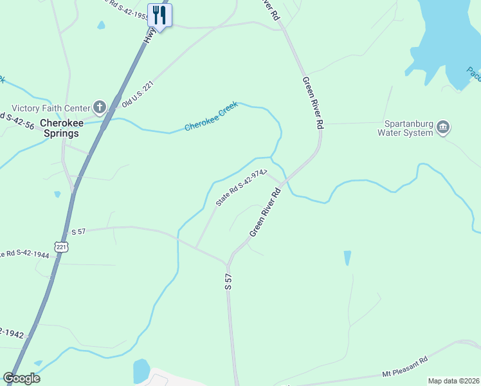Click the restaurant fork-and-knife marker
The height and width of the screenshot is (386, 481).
(159, 14)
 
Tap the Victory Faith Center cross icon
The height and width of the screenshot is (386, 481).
(99, 107)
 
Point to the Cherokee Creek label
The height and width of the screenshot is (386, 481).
(211, 116)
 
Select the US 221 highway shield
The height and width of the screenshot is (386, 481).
(61, 246)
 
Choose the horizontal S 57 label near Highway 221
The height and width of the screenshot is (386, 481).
(78, 232)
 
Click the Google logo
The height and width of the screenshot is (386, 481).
(21, 378)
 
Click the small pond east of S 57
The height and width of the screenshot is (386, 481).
(347, 258)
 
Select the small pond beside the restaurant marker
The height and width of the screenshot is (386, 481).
(101, 26)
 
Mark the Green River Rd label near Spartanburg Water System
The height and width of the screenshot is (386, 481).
(313, 103)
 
